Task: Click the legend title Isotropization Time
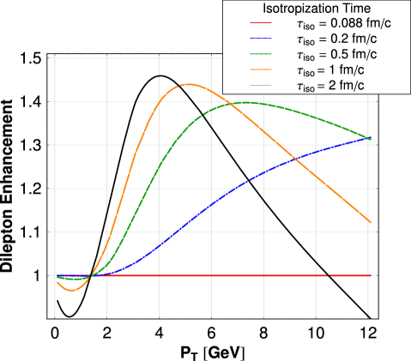[316, 9]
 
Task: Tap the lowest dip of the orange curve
[71, 291]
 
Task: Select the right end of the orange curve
[370, 222]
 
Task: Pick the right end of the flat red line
[370, 275]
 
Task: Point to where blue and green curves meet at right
[369, 137]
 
